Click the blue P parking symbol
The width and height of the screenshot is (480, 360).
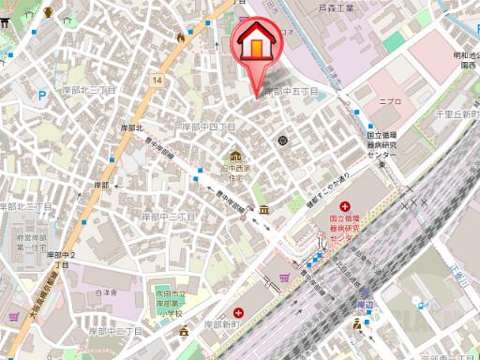pos(41,95)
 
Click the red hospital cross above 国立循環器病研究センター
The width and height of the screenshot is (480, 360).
pos(345,206)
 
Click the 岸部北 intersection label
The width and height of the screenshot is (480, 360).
pos(131,127)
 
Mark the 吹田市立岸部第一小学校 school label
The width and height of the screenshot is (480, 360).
pos(171,304)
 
